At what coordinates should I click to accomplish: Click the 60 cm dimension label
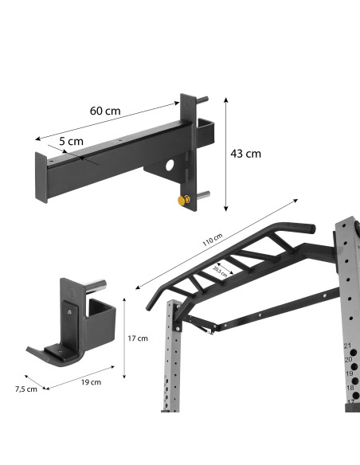104,111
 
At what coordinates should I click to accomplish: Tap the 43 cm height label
245,154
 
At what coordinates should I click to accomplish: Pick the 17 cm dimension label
139,338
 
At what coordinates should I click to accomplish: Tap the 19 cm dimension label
91,382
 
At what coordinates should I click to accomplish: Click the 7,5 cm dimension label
26,389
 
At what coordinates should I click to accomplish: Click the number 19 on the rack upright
349,373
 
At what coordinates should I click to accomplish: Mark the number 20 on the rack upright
348,360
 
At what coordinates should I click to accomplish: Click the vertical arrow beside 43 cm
226,155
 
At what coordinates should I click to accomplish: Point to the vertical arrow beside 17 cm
125,338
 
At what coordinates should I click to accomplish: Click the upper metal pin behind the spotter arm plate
204,101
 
